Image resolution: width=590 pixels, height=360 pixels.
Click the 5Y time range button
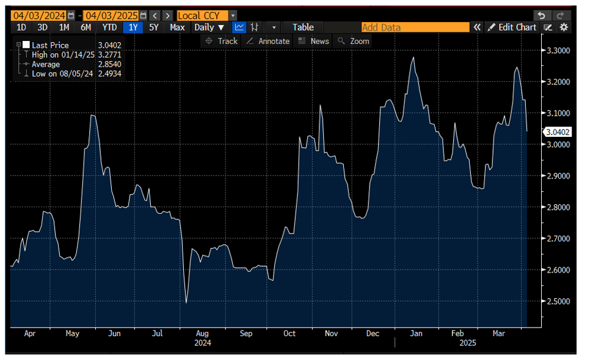click(154, 27)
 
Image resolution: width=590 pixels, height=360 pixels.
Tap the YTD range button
click(110, 27)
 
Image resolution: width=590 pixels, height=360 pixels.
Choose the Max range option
click(177, 27)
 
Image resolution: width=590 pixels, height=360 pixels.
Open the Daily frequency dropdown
click(209, 27)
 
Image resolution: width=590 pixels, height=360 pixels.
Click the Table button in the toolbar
click(303, 27)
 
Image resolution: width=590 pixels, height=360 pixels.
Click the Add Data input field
click(415, 27)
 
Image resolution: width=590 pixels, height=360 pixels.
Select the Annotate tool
click(268, 41)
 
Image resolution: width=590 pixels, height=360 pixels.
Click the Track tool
click(221, 41)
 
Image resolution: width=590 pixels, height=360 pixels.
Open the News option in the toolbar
click(313, 41)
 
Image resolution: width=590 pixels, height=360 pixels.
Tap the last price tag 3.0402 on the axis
click(557, 131)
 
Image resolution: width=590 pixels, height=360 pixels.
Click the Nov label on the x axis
click(331, 334)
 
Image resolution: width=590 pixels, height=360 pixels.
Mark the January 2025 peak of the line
click(413, 57)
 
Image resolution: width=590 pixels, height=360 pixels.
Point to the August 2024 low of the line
click(186, 303)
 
